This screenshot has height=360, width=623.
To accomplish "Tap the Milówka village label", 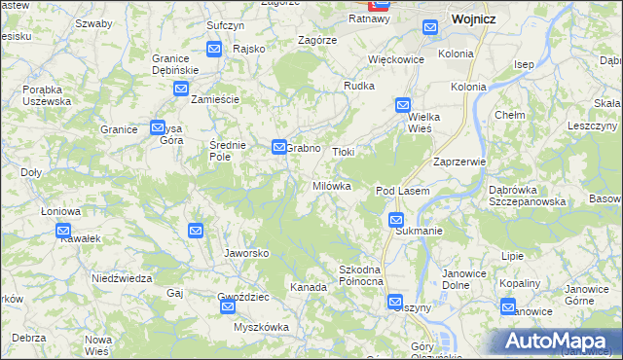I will point(331,186).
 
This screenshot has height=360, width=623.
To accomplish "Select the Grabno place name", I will point(304,149).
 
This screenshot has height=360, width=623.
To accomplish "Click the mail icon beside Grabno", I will point(278,148).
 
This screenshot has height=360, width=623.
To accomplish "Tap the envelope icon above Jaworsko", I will point(195,231).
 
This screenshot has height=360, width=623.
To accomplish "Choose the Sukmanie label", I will point(420,232).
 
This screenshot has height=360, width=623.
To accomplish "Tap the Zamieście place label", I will point(215,99).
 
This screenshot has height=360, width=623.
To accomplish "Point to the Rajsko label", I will point(249,48).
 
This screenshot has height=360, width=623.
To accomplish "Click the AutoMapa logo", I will point(558,340).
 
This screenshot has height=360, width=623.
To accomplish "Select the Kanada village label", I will point(308,287).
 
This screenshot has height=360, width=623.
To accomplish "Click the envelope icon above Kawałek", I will point(63,232).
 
